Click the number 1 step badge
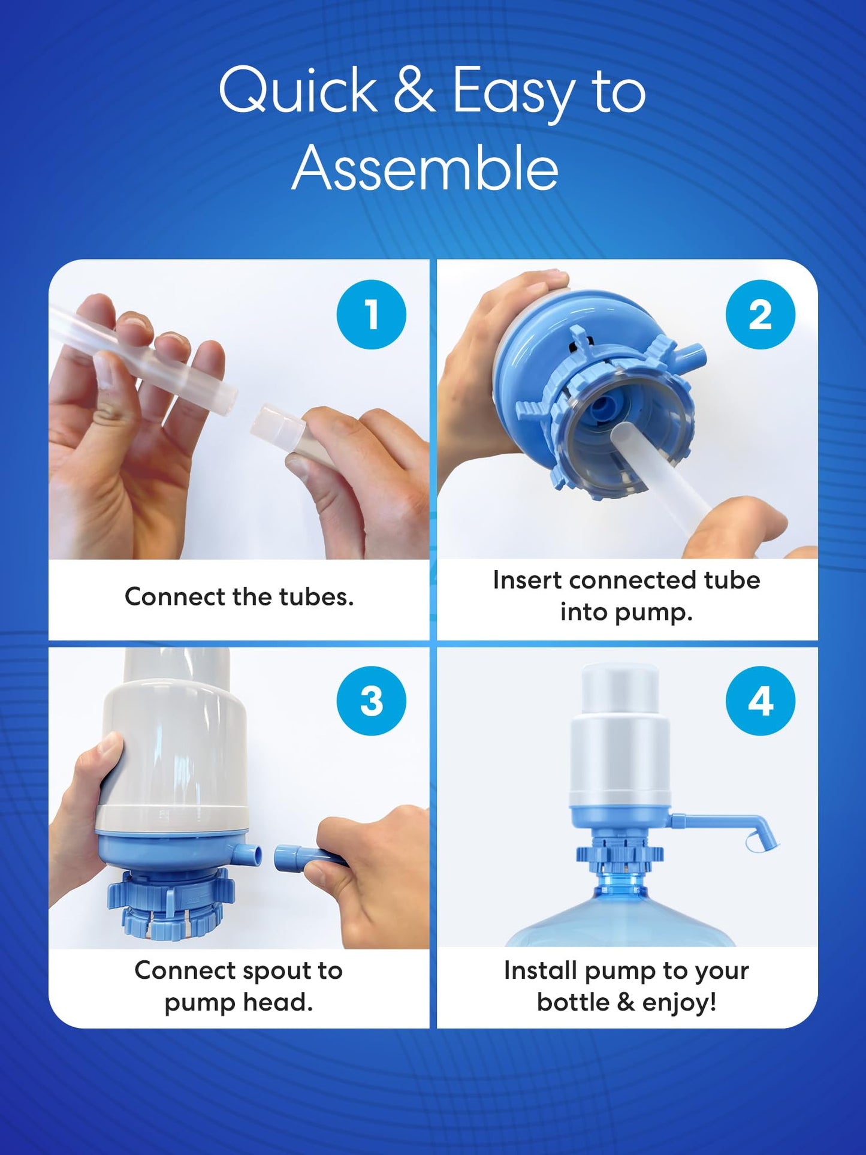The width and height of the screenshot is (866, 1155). coord(371,314)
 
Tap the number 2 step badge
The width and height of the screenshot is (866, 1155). coord(760,314)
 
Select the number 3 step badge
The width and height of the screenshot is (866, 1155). coord(371,701)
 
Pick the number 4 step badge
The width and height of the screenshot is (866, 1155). coord(760,701)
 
